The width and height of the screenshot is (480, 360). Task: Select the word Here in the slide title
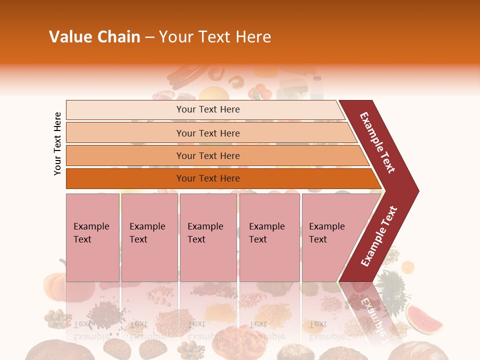coord(253,37)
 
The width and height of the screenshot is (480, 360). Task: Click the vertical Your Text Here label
coord(57,143)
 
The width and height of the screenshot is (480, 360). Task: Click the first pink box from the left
coord(92,237)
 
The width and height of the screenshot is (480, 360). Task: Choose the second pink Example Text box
coord(149,237)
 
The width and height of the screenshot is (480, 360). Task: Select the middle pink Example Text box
coord(208,237)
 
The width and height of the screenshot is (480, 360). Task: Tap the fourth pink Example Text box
coord(269,237)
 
